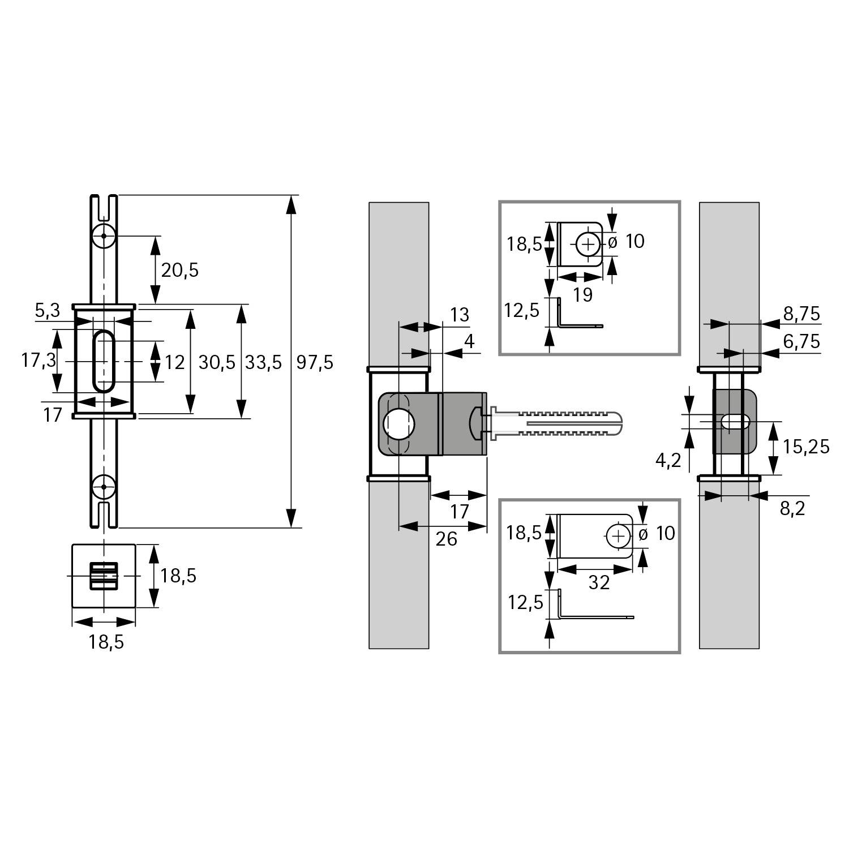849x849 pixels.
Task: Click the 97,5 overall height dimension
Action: pos(315,362)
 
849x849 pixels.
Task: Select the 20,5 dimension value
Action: pos(180,270)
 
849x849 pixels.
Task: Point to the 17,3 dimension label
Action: pos(39,360)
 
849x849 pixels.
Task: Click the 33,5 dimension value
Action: pos(263,362)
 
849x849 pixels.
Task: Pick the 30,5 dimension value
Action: pos(216,362)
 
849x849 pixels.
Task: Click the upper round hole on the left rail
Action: pos(104,235)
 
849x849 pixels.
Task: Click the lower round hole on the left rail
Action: pos(104,486)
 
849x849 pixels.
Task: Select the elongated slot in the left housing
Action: pos(104,361)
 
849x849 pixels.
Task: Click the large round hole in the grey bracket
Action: pos(399,424)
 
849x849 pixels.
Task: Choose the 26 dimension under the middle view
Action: pos(446,539)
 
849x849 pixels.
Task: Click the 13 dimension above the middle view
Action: pos(459,315)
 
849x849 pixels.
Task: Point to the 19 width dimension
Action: pos(582,294)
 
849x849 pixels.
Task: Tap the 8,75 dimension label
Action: pos(801,314)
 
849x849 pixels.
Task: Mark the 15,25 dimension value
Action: pos(806,447)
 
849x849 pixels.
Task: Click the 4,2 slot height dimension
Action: pos(668,461)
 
